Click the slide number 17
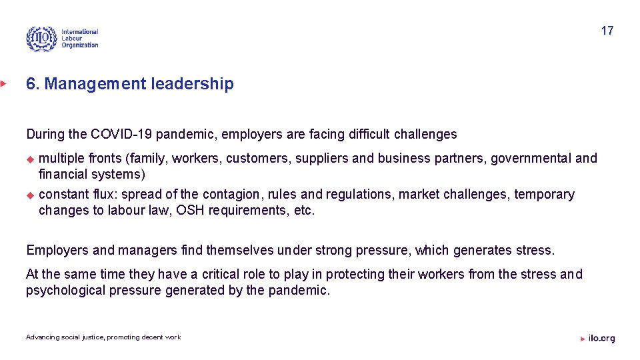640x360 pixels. (607, 31)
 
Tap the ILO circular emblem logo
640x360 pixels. (41, 39)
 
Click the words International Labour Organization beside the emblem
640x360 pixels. (79, 39)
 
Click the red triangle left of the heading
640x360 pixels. (3, 84)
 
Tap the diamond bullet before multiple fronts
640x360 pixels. (29, 159)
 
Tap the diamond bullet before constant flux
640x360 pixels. (29, 195)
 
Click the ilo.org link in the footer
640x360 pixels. (601, 338)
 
